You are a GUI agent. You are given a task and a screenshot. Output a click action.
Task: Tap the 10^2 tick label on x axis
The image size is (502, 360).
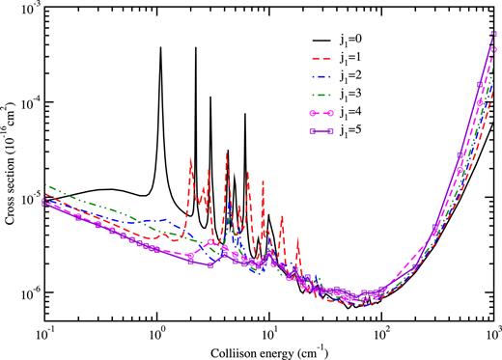point(381,330)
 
